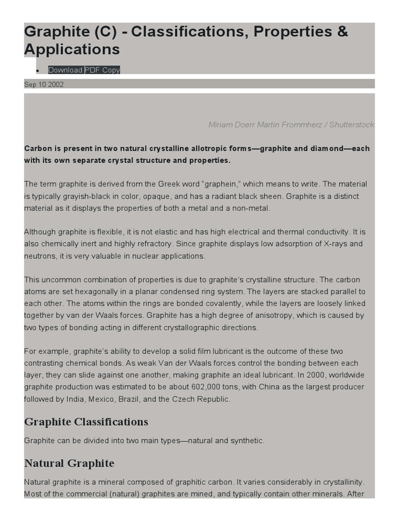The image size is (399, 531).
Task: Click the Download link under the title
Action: click(x=65, y=70)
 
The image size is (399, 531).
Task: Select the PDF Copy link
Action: click(x=102, y=70)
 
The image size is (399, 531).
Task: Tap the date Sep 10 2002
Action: click(x=44, y=85)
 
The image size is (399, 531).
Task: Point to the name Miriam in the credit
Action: click(x=221, y=125)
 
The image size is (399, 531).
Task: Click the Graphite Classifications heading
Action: click(x=86, y=422)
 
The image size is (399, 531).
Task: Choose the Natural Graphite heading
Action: click(x=69, y=463)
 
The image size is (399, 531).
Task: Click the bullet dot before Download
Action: click(x=38, y=71)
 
